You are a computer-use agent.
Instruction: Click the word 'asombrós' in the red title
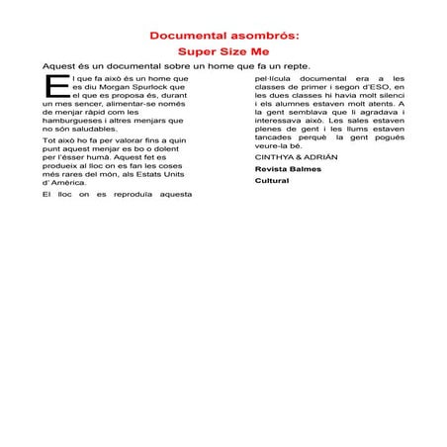click(x=256, y=36)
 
